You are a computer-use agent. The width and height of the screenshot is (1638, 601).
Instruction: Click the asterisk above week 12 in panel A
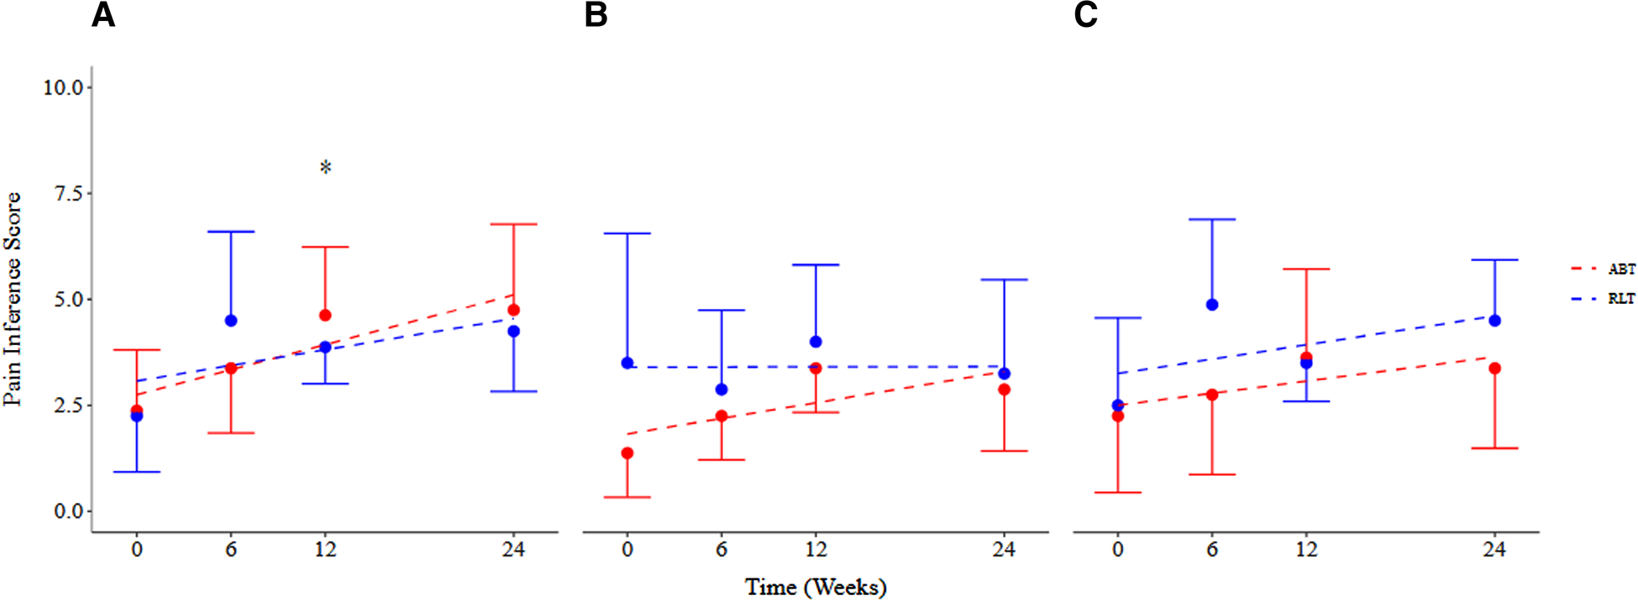[x=326, y=168]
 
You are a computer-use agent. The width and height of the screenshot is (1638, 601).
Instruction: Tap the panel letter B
[x=596, y=15]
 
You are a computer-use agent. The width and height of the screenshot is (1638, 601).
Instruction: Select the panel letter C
[x=1085, y=15]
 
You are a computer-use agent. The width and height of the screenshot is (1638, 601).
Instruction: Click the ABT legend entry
[x=1620, y=269]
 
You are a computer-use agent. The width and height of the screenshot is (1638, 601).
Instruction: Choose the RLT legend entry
[x=1620, y=299]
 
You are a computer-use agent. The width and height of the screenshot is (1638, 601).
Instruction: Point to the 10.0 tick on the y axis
[x=63, y=87]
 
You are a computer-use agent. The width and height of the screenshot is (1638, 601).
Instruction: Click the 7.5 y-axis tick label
[x=68, y=193]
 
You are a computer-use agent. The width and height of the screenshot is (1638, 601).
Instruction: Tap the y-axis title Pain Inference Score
[x=13, y=299]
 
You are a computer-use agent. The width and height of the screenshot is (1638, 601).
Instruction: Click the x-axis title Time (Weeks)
[x=815, y=587]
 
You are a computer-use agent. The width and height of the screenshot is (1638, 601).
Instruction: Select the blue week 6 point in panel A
[x=231, y=321]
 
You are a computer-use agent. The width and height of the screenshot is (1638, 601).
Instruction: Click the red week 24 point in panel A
[x=513, y=310]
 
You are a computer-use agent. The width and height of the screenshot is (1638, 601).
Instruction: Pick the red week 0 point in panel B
[x=627, y=453]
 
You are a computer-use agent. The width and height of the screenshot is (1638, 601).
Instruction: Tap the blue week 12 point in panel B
[x=816, y=342]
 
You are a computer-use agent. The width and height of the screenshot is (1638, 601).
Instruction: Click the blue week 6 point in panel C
[x=1212, y=305]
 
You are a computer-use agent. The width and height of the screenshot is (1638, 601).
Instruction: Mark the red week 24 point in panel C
[x=1494, y=368]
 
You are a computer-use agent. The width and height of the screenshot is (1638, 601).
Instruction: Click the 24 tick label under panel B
[x=1004, y=550]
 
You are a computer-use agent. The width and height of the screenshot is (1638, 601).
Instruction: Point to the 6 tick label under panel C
[x=1212, y=550]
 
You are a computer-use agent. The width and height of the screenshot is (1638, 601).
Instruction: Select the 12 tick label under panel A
[x=325, y=550]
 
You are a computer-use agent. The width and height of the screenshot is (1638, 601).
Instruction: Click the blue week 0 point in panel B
[x=627, y=363]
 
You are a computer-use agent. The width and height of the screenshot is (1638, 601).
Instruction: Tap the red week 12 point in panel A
[x=325, y=316]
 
